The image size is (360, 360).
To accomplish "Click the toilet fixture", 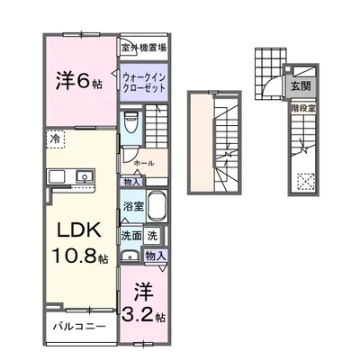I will pos(131,122).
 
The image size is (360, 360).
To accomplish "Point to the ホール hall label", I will pos(143,164).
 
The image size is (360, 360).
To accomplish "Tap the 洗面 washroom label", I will pos(131,235).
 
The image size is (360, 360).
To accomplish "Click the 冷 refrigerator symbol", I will pos(55,140).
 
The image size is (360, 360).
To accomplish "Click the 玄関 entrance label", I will pos(299,87).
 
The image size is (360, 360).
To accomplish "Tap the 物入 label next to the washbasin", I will pos(155,256).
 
